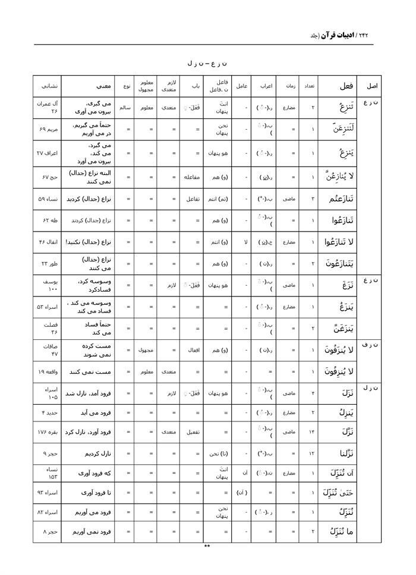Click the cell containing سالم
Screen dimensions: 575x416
[125, 108]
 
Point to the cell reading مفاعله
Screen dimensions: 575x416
[192, 177]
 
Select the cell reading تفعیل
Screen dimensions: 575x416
[192, 431]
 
